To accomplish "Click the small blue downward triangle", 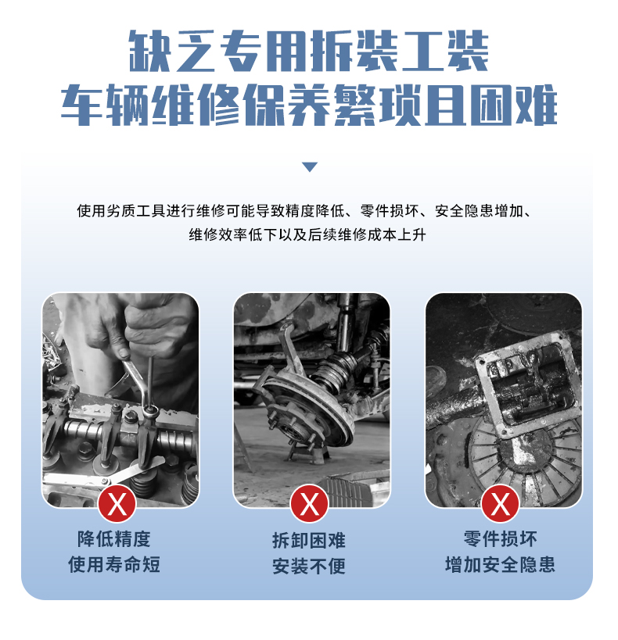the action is coord(310,167).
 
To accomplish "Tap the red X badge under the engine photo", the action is coord(117,504).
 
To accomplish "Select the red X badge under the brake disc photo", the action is coord(309,504).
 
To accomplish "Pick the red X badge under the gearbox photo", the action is coord(501,504).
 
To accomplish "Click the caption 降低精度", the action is coord(114,539).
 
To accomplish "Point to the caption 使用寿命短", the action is coord(114,564).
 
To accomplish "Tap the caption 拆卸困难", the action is coord(309,541).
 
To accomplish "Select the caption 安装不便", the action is coord(309,566).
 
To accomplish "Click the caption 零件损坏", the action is coord(501,539).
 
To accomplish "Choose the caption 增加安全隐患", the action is coord(501,564).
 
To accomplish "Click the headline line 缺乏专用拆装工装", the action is coord(309,52).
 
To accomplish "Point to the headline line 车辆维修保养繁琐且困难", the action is coord(309,105).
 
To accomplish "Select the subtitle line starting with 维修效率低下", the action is coord(307,234).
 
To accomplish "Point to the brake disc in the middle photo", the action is coord(311,408).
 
